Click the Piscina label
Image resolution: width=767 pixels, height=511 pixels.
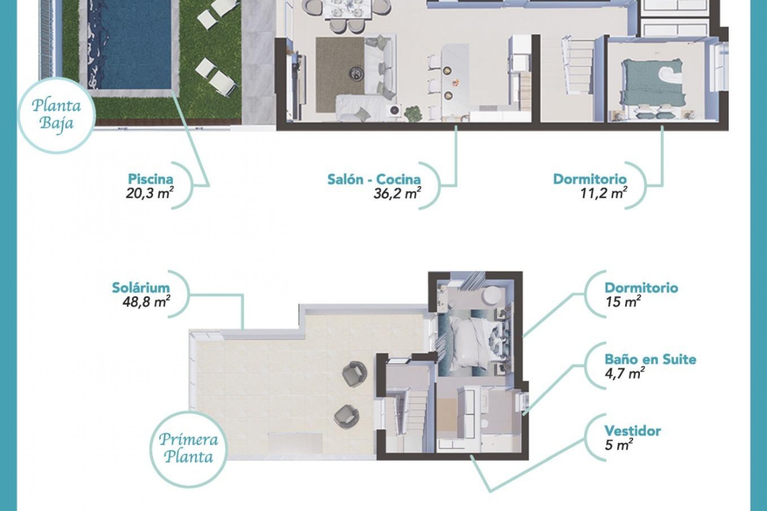pos(150,179)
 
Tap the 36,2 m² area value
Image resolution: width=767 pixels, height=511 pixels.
pos(397,194)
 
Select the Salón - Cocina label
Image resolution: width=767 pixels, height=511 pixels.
pos(374,179)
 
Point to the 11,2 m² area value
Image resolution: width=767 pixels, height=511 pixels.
pos(603,194)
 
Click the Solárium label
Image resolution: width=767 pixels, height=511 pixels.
pos(141,287)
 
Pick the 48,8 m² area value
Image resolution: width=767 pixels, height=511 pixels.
pos(146,302)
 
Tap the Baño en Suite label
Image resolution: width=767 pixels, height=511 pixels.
pos(650,359)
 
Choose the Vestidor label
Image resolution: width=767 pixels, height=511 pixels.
pos(632,431)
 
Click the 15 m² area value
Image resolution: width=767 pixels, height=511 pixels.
pos(623,302)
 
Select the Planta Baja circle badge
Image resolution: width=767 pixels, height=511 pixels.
pos(56,115)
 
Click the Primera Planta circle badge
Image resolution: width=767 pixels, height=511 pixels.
pos(188,449)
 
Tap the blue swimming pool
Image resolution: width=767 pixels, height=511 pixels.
pos(130,44)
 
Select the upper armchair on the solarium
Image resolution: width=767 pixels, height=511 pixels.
pos(354,373)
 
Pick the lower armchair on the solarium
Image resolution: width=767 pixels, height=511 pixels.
pos(346,416)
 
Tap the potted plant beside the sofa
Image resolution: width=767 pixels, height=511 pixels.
pos(413,114)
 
